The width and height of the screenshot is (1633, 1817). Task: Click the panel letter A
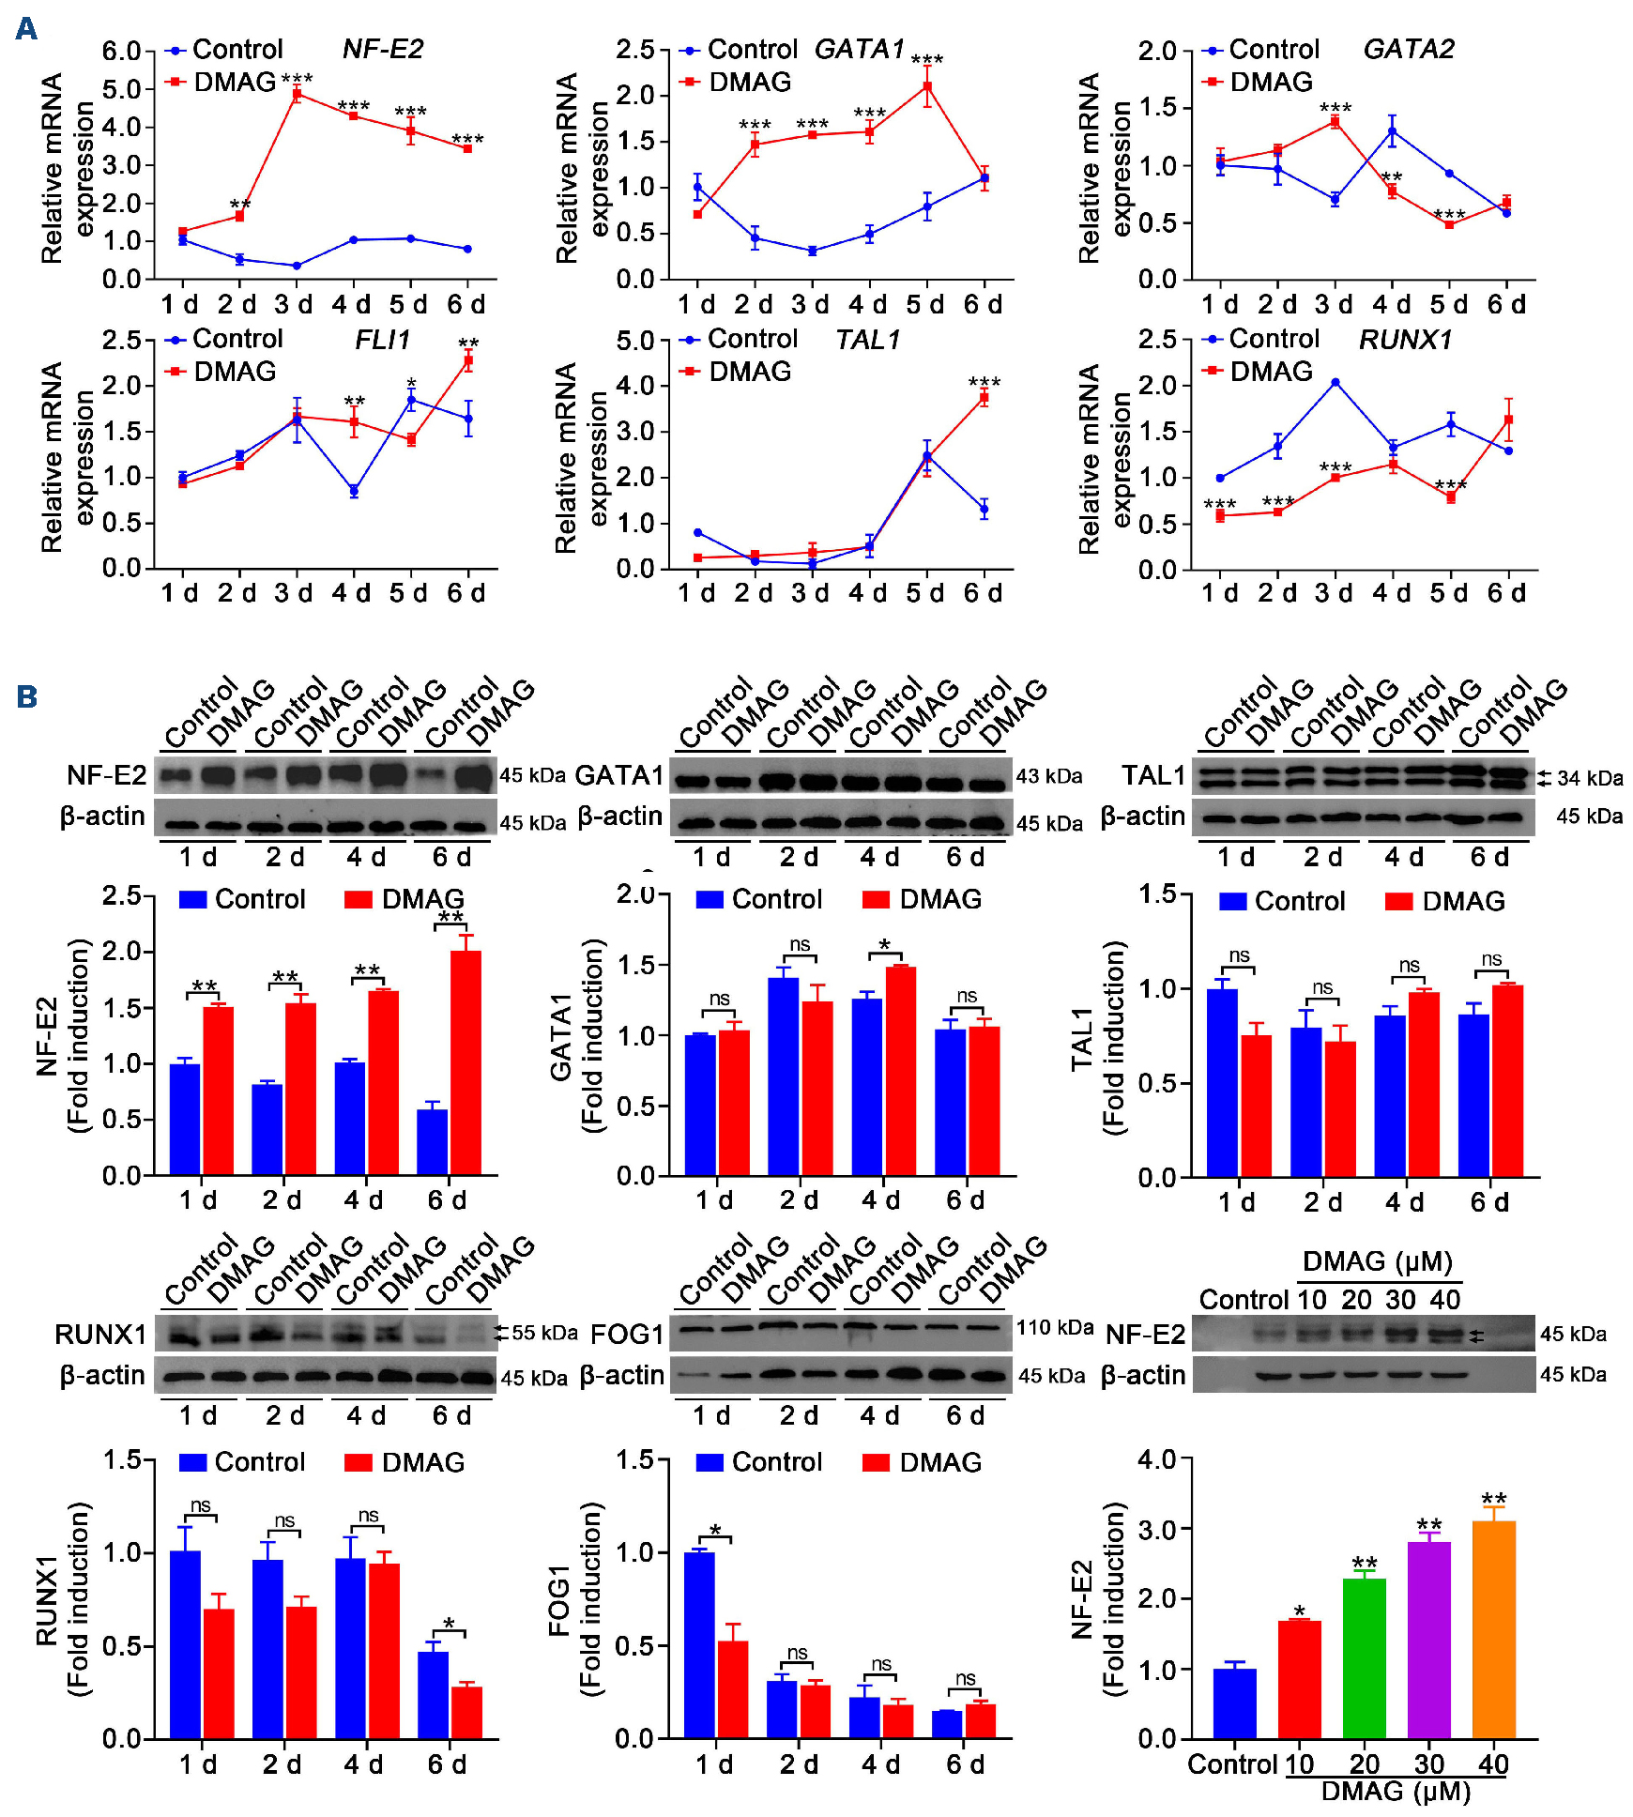pos(26,28)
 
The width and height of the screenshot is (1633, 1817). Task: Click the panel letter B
pos(26,696)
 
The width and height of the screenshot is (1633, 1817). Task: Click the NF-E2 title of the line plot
pos(383,49)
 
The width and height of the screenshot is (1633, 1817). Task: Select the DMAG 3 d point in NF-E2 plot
pos(297,94)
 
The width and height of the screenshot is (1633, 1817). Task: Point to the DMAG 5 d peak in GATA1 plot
pos(927,87)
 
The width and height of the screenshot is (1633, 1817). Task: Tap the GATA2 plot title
pos(1408,49)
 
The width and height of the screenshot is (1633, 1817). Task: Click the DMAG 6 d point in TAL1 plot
pos(984,398)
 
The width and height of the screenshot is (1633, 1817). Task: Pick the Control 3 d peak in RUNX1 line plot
pos(1335,382)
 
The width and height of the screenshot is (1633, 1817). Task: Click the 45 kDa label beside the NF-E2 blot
pos(532,775)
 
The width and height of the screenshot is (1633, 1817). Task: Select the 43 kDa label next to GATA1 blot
pos(1049,776)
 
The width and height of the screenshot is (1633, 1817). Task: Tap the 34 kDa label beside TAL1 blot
pos(1590,778)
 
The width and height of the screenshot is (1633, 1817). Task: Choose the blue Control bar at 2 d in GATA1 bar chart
pos(783,1076)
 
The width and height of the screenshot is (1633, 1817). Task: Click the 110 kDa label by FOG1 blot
pos(1055,1327)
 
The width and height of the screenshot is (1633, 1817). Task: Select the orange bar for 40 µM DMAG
pos(1493,1629)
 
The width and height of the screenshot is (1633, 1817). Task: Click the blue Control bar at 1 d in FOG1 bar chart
pos(699,1644)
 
